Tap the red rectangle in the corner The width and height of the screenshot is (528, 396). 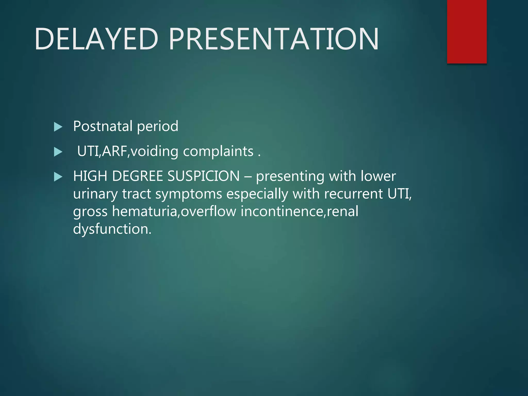[x=467, y=31]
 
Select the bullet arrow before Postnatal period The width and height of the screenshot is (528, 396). [x=58, y=127]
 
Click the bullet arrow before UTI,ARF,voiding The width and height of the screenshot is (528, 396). [x=58, y=152]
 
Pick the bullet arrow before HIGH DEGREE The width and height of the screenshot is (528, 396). [x=58, y=177]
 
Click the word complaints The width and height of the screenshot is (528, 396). [x=218, y=151]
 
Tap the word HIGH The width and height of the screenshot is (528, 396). [x=90, y=176]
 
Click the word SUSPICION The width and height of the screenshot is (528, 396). [x=203, y=176]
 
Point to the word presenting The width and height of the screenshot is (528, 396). [x=290, y=177]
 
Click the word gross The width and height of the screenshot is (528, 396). [x=90, y=212]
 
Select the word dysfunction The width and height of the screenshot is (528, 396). [x=112, y=229]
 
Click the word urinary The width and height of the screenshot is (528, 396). [x=95, y=194]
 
